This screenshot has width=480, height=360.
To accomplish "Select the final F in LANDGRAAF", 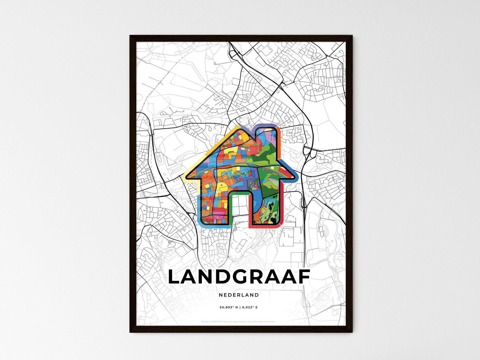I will coord(303,277).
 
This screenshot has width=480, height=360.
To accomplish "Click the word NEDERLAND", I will coord(239,295).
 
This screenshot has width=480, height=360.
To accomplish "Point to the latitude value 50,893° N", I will coord(229,308).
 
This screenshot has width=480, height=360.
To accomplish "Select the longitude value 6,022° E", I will coord(250,308).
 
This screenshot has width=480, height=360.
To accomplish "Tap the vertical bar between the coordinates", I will coord(240,308).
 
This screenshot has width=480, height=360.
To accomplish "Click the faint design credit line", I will coord(239,321).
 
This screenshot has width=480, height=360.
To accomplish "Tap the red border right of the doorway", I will coord(250,213).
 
